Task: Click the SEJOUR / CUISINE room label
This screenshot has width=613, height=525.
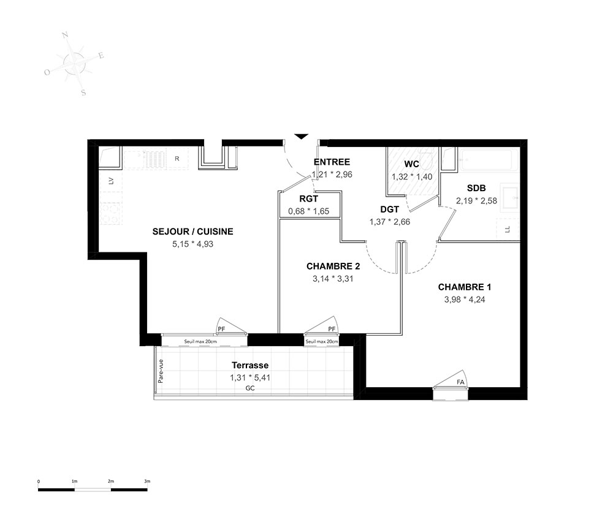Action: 192,232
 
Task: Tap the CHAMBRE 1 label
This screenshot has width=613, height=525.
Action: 465,287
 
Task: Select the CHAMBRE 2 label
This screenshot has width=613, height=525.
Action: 333,266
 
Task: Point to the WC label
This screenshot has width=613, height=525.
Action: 412,164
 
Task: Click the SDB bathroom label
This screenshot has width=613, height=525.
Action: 476,188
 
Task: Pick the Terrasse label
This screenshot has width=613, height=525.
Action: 250,365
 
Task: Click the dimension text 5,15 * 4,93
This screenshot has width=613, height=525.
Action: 192,244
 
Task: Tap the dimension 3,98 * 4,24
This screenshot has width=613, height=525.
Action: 465,300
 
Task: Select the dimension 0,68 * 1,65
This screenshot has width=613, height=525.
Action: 309,211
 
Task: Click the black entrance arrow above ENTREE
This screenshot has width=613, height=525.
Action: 301,137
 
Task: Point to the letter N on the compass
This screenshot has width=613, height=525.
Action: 66,35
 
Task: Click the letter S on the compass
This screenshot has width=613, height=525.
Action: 83,93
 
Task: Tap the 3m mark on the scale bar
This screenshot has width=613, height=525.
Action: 147,482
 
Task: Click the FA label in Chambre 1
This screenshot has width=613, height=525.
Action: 460,382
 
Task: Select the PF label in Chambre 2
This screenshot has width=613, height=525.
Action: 332,329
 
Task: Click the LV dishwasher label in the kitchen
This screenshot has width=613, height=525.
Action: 111,181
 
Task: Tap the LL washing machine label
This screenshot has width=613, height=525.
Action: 508,230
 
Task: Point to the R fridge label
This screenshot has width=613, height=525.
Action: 177,159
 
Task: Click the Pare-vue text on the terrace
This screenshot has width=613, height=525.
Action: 160,371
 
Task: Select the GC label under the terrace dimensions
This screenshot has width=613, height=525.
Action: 250,388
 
